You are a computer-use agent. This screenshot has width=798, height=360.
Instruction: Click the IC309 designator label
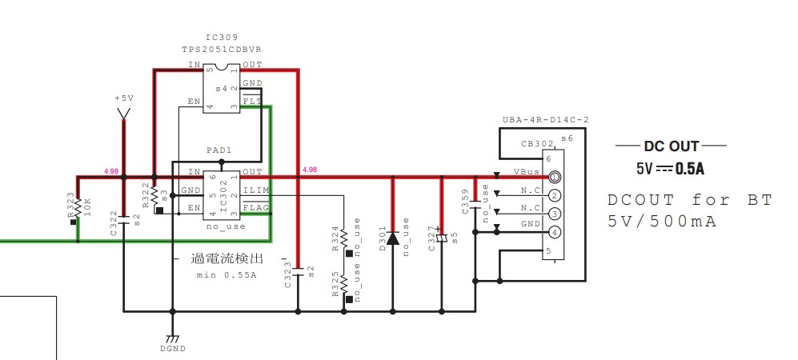click(222, 38)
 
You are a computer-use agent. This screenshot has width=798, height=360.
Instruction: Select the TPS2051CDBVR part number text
click(222, 50)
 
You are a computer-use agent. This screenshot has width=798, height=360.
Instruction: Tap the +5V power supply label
click(123, 98)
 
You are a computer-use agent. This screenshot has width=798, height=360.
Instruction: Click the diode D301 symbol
click(392, 238)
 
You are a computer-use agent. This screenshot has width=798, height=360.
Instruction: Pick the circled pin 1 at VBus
click(554, 177)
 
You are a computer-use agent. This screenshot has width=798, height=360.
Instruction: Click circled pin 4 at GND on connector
click(554, 233)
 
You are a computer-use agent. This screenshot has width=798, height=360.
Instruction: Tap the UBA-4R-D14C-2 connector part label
click(546, 120)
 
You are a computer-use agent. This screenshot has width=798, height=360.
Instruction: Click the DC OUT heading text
click(671, 146)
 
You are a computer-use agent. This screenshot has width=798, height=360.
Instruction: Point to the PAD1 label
click(219, 150)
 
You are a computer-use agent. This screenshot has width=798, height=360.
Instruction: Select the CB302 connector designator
click(536, 145)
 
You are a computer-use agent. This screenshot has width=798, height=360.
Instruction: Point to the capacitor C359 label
click(465, 201)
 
